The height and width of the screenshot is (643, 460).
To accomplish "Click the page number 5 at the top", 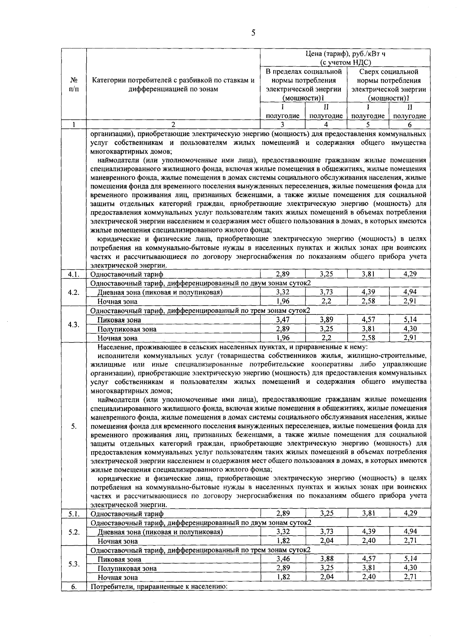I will pos(253,33).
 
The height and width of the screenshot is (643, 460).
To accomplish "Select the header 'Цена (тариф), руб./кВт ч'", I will pos(345,54).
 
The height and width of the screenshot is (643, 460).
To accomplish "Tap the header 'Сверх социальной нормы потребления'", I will pos(388,76).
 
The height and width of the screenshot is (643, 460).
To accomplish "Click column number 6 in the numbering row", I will pos(409,124).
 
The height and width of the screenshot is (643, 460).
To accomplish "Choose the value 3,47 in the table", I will pos(283,319).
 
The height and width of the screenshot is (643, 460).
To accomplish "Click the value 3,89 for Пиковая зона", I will pos(326,319).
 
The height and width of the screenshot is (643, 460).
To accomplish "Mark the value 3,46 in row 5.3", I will pos(283,559).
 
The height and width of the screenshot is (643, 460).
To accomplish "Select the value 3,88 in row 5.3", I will pos(327,559).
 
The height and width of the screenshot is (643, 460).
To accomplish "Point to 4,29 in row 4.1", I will pos(410,274).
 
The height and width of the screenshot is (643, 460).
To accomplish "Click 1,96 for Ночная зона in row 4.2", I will pos(283,301).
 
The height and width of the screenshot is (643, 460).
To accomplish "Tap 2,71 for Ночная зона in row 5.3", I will pos(410,577).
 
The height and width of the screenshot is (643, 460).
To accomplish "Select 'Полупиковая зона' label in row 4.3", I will pos(127,329).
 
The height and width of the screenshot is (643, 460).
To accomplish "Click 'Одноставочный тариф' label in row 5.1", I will pos(127,514).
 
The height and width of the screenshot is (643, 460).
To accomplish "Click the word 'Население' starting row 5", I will pos(113,347).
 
